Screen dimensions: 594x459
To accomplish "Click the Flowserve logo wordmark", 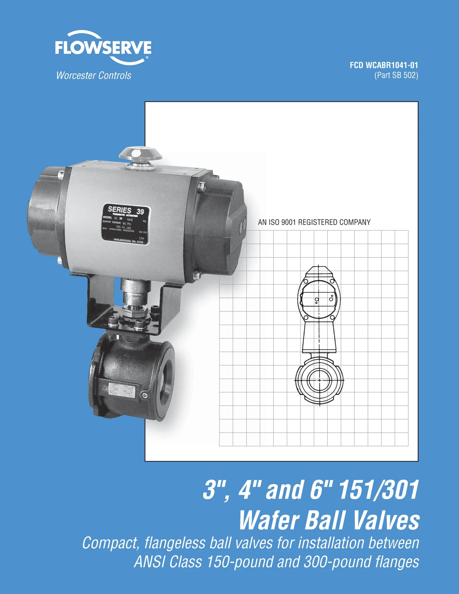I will click(x=103, y=48).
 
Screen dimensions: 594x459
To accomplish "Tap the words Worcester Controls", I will click(x=94, y=75).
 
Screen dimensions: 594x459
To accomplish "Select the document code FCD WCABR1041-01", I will click(x=384, y=65).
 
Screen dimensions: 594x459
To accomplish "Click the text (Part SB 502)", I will click(x=396, y=75).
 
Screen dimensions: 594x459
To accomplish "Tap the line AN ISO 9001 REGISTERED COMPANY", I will click(x=314, y=222).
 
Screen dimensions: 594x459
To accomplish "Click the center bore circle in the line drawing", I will click(x=319, y=380).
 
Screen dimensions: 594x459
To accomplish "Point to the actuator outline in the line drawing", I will click(x=319, y=296).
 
